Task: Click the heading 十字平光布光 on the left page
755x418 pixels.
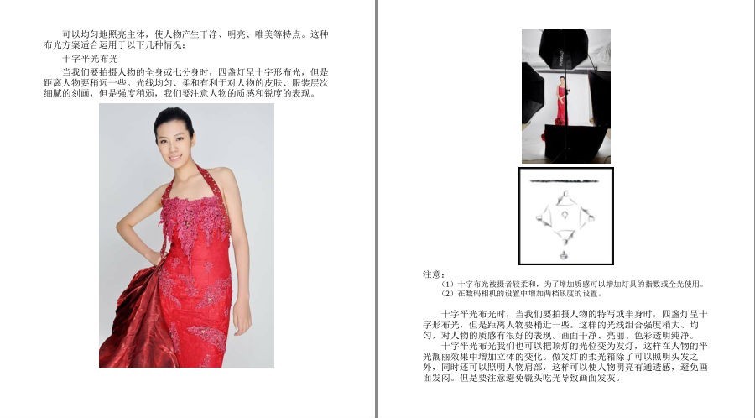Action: pyautogui.click(x=90, y=60)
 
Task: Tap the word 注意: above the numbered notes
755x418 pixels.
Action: pyautogui.click(x=434, y=274)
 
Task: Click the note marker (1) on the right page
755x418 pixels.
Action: pyautogui.click(x=448, y=285)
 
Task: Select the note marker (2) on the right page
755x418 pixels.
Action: pyautogui.click(x=448, y=293)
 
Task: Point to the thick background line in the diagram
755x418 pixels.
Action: pyautogui.click(x=565, y=181)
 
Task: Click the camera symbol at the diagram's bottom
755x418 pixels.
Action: pyautogui.click(x=564, y=254)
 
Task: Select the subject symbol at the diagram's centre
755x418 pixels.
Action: pyautogui.click(x=565, y=215)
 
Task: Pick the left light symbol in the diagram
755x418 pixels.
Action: pyautogui.click(x=544, y=217)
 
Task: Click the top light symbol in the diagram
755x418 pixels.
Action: pyautogui.click(x=565, y=198)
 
